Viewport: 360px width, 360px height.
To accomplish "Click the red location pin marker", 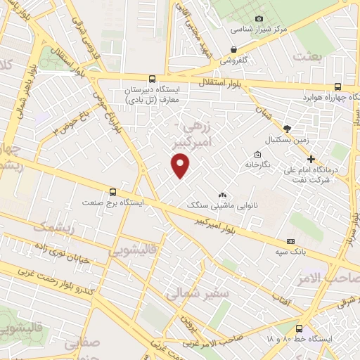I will pos(181,165).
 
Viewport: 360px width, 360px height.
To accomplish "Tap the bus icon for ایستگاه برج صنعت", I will pos(113,191).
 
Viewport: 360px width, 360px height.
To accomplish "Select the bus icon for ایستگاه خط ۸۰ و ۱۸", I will pos(300,328).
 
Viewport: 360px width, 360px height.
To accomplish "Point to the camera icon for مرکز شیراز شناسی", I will pos(259,18).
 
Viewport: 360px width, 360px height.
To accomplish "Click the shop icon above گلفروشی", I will pos(233,49).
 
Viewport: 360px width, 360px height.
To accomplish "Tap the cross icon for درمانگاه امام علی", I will pos(311,160).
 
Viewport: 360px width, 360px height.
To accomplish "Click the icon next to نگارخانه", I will pos(257,155).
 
